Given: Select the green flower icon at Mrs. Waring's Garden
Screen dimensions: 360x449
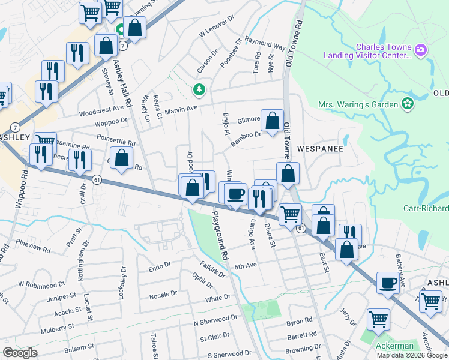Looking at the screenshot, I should click(x=408, y=104).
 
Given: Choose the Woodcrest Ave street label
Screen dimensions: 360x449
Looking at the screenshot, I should click(x=101, y=112).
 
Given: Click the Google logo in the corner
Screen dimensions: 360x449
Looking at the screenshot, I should click(x=20, y=353).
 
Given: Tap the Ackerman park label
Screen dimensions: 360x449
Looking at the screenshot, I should click(x=394, y=346).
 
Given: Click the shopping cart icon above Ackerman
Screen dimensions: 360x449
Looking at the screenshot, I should click(x=378, y=320).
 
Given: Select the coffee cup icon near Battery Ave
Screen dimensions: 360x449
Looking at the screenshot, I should click(x=388, y=283).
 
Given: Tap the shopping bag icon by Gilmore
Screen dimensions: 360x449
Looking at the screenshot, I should click(x=272, y=121).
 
